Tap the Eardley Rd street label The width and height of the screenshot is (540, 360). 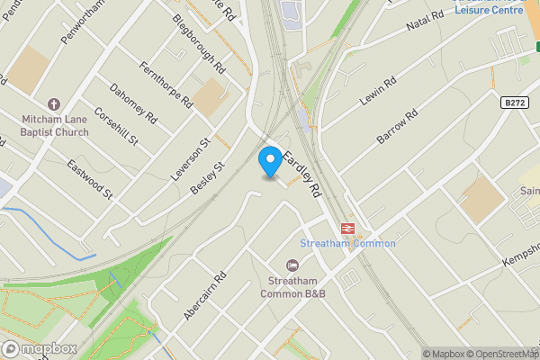click(303, 174)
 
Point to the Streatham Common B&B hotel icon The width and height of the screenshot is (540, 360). click(292, 265)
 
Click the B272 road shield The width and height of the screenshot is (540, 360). click(514, 104)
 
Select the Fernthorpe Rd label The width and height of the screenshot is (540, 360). click(167, 85)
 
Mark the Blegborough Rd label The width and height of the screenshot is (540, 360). click(199, 44)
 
